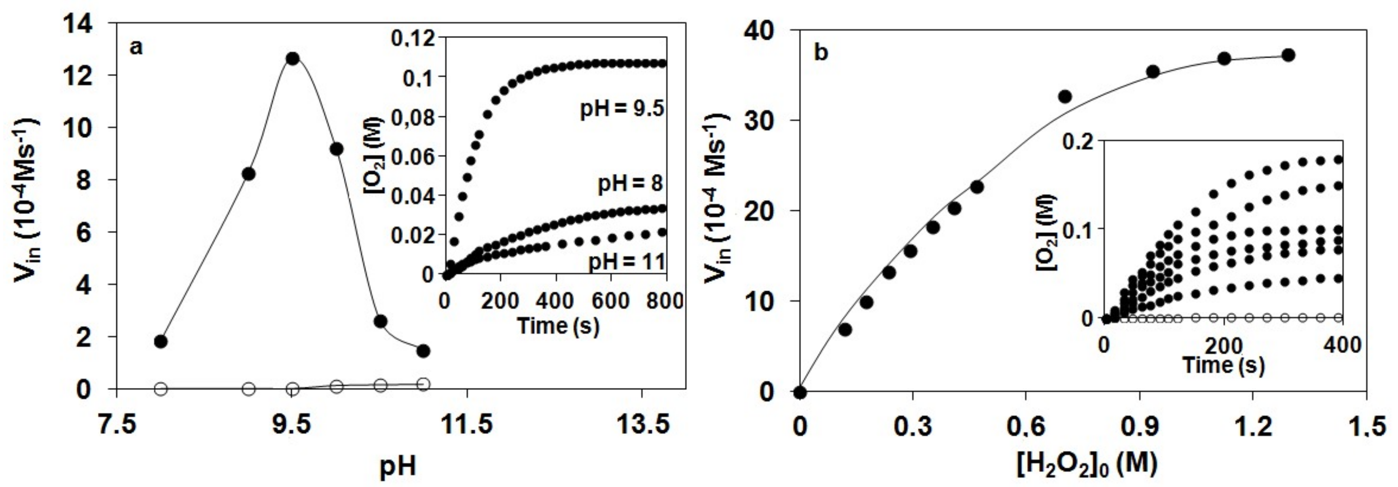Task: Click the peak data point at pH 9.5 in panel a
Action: click(292, 59)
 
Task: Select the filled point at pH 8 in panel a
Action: click(161, 341)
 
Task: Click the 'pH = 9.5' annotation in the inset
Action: click(622, 109)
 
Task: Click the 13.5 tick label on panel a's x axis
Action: click(642, 425)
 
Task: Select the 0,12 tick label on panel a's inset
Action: click(413, 38)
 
